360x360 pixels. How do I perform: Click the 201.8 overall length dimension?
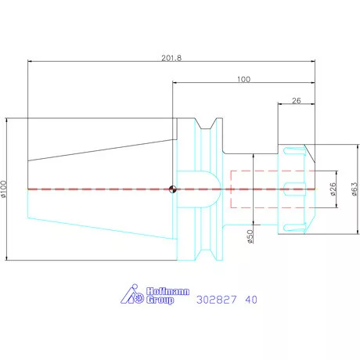point(171,58)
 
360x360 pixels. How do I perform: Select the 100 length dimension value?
point(243,79)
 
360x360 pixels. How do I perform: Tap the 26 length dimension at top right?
point(297,101)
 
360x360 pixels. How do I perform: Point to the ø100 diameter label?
point(3,189)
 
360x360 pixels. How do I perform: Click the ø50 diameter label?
point(250,236)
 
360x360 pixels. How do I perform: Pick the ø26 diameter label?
point(333,189)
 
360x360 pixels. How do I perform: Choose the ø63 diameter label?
point(355,189)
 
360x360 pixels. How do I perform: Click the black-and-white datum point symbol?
point(172,189)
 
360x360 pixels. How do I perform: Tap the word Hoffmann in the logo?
point(167,291)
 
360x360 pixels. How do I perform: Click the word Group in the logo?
point(160,300)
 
